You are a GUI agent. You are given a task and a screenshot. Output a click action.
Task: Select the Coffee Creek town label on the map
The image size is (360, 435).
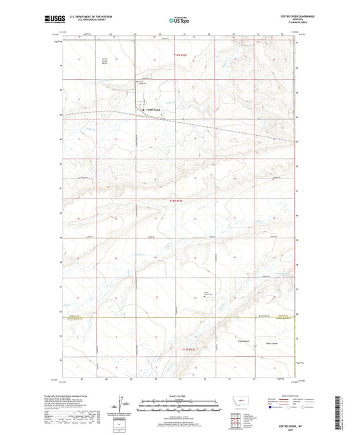click(x=153, y=110)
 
